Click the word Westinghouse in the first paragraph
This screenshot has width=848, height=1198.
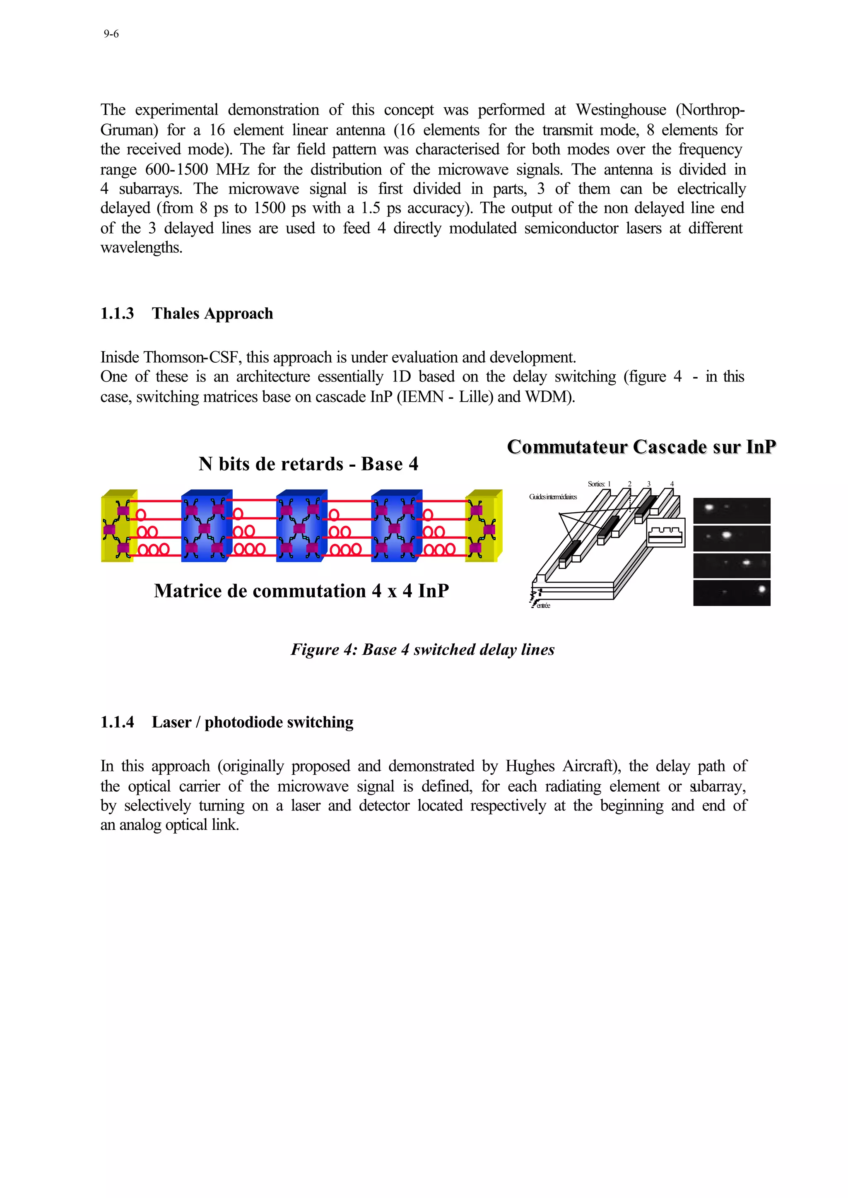click(x=620, y=110)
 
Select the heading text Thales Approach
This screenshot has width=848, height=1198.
click(x=212, y=313)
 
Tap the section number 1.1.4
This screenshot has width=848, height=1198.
click(x=117, y=722)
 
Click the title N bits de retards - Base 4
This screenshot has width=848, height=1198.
click(x=308, y=464)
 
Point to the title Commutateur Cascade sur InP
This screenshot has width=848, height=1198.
click(x=641, y=447)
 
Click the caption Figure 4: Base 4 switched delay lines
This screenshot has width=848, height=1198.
click(x=422, y=649)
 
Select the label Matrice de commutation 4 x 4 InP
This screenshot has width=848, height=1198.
click(x=301, y=591)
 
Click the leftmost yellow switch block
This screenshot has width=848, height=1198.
click(x=118, y=526)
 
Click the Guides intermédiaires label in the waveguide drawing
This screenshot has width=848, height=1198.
click(x=552, y=497)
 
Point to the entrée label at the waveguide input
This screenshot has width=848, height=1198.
click(x=543, y=606)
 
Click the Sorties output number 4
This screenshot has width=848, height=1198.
click(x=672, y=484)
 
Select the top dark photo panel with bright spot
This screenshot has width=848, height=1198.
click(x=732, y=511)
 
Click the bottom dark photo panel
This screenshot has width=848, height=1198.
click(x=732, y=593)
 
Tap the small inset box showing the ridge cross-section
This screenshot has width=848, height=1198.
click(x=665, y=533)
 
